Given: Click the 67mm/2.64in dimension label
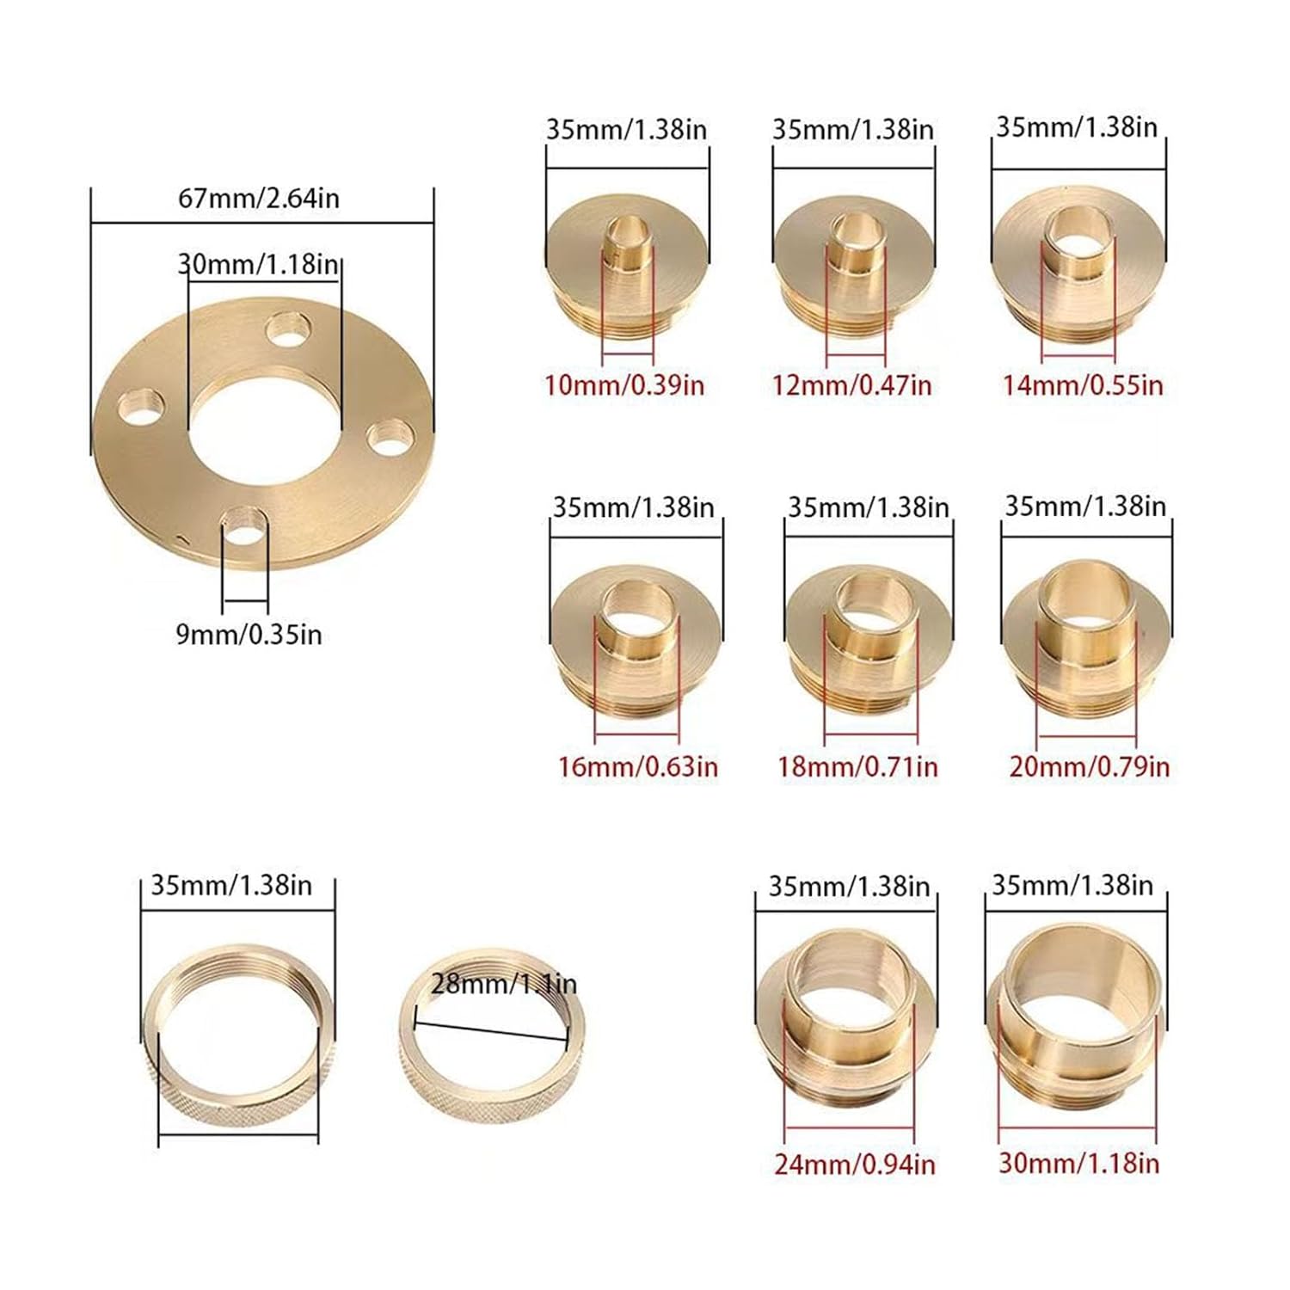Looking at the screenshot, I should click(x=259, y=199).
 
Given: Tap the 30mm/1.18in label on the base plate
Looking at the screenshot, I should click(x=259, y=263).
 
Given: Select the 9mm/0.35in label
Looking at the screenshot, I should click(x=249, y=635).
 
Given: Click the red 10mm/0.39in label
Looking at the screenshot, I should click(x=624, y=384).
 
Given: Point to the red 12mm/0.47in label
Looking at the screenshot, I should click(x=851, y=384).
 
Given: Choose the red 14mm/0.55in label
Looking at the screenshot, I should click(x=1082, y=384).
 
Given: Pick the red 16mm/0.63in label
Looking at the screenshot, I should click(x=637, y=766).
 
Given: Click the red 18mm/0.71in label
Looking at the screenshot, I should click(x=857, y=766).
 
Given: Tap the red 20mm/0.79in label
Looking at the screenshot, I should click(x=1089, y=766).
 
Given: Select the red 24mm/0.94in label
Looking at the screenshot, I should click(x=854, y=1164).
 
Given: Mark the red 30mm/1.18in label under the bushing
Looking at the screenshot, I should click(x=1078, y=1163).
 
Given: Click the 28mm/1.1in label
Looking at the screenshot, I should click(x=503, y=983).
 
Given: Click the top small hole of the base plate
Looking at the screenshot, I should click(x=288, y=329).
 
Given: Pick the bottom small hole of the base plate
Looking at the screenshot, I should click(x=244, y=526).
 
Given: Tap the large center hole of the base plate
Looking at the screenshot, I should click(x=264, y=420).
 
